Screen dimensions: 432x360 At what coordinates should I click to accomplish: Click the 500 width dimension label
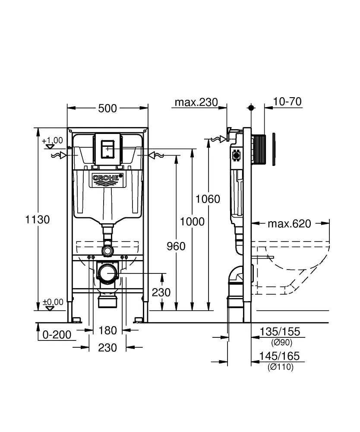point(107,108)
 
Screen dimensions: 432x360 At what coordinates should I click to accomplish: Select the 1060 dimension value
point(208,199)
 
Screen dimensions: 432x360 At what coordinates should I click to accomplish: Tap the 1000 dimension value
point(192,222)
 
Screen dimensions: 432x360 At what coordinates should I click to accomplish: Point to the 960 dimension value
point(176,246)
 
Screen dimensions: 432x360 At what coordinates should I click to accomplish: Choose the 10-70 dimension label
point(287,102)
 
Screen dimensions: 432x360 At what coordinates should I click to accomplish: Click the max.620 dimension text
point(289,224)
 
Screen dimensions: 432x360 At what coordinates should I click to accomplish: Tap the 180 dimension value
point(107,330)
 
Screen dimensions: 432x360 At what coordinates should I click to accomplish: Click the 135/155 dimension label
point(279,332)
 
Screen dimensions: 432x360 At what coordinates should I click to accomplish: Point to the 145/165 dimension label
point(279,356)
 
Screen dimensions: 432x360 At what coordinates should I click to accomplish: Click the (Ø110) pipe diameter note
point(280,367)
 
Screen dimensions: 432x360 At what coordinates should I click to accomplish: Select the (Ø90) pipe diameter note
point(281,343)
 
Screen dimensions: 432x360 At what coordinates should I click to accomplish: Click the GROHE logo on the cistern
point(107,178)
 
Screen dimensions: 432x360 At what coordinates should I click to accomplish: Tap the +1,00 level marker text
point(52,140)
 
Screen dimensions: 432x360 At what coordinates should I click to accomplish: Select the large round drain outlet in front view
point(107,273)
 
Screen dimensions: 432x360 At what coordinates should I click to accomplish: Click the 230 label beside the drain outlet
point(161,292)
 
